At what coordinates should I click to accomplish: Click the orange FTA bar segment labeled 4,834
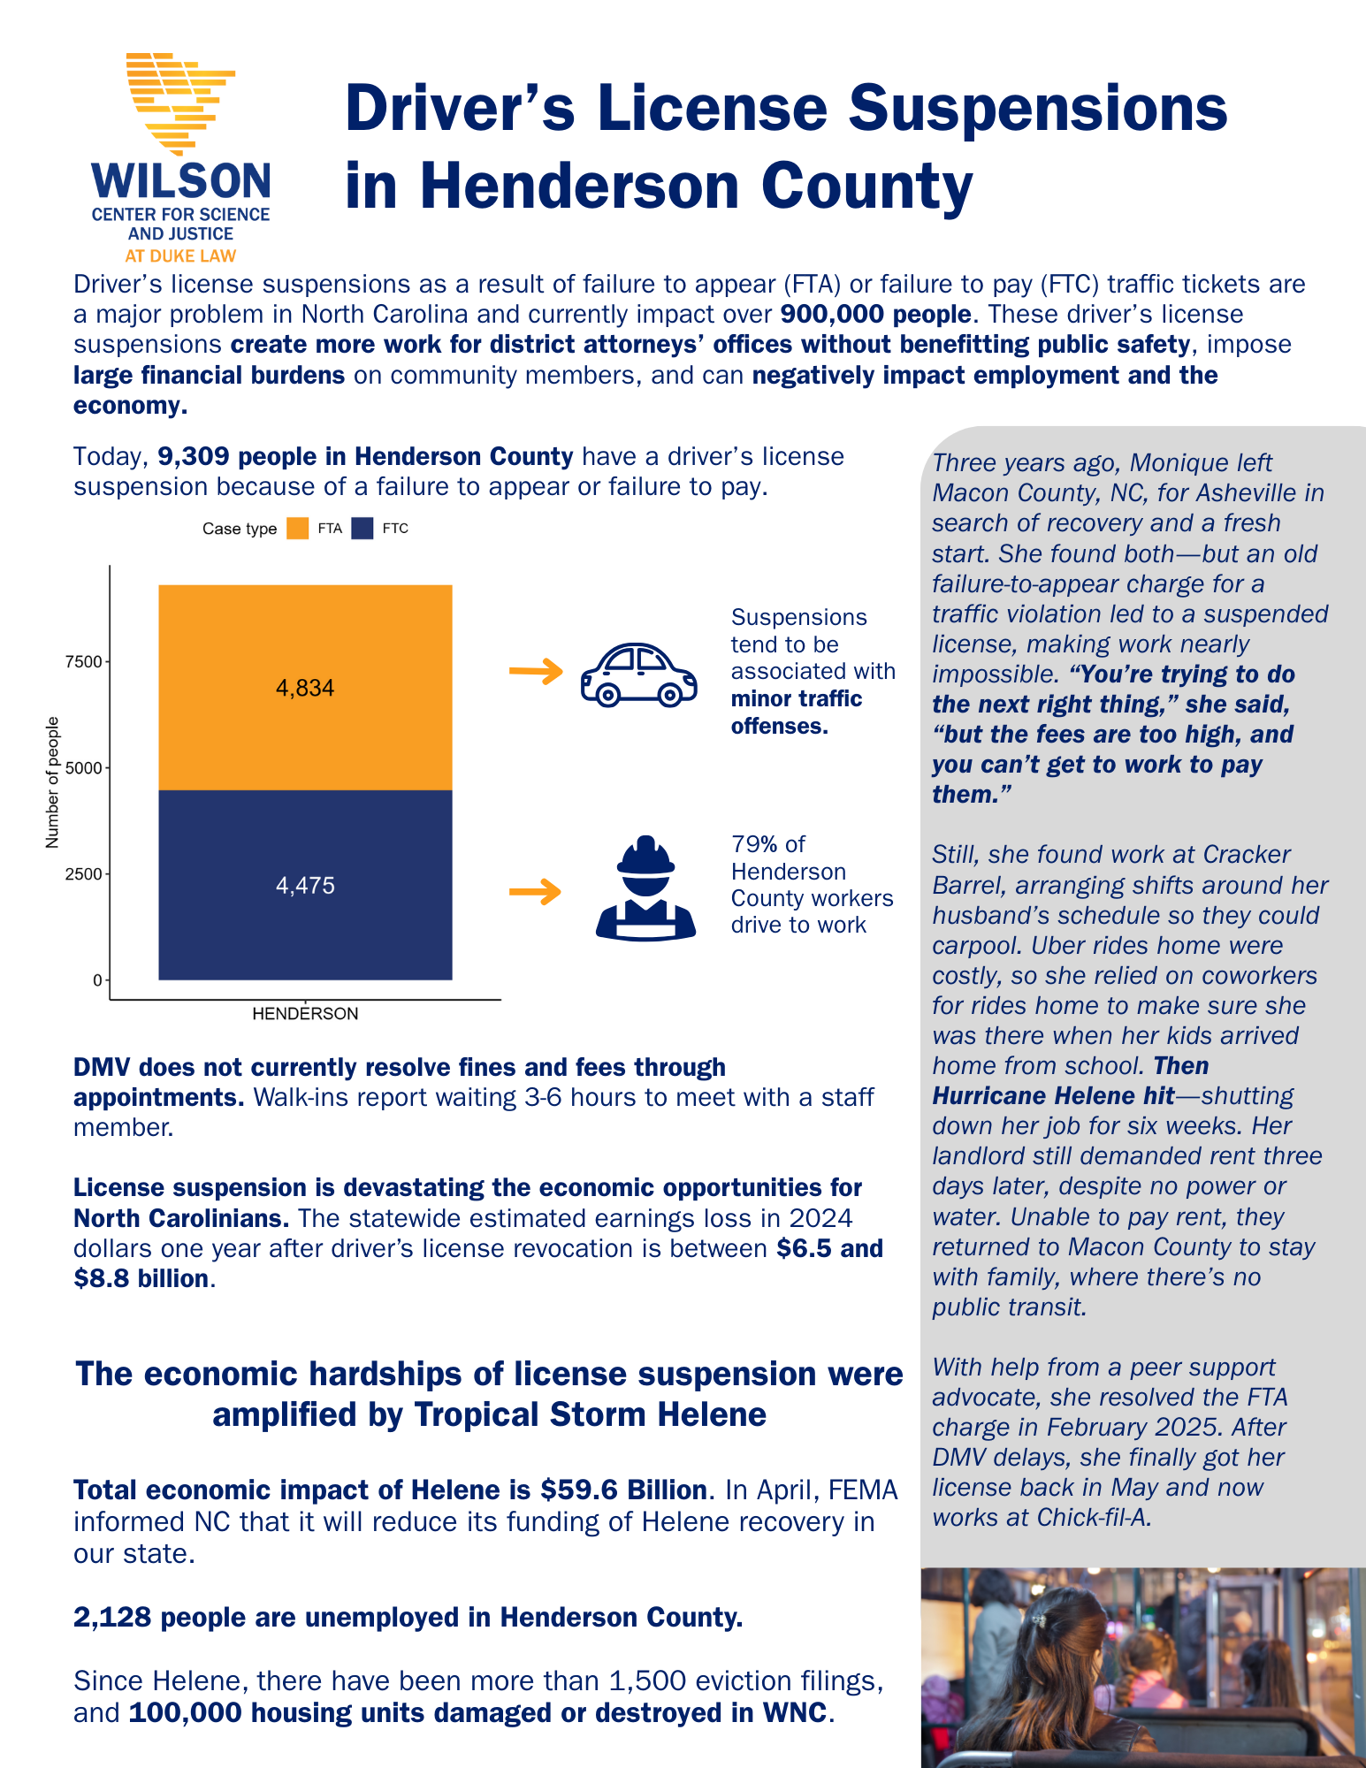point(305,688)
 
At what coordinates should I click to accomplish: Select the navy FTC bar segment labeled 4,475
point(305,885)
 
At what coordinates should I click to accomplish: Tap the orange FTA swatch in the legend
point(298,529)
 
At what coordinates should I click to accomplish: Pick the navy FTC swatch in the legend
point(362,529)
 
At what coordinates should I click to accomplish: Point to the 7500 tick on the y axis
point(84,662)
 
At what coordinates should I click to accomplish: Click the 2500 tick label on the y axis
point(84,874)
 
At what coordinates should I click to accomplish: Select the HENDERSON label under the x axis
point(305,1014)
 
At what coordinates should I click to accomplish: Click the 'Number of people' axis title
point(52,782)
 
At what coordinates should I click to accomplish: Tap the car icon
point(638,674)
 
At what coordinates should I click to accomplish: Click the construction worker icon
point(646,888)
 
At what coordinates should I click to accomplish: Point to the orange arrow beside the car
point(536,672)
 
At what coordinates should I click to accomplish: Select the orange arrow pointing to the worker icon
point(536,891)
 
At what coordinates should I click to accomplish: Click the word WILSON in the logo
point(181,181)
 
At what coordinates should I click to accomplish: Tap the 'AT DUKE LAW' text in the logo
point(180,256)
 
